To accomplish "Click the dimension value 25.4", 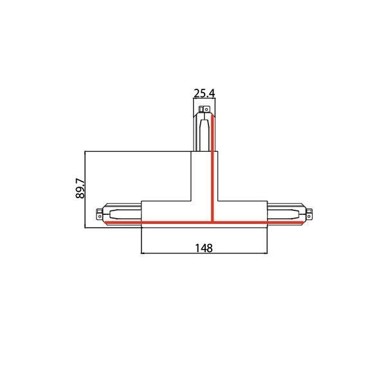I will (204, 93).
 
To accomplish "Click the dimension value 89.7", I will (80, 187).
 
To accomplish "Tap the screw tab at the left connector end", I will (98, 214).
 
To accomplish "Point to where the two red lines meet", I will (212, 222).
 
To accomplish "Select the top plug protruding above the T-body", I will (203, 129).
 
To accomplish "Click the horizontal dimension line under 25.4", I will (204, 99).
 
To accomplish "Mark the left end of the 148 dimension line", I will (141, 254).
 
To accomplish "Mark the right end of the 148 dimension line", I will (267, 254).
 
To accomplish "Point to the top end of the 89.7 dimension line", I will (87, 152).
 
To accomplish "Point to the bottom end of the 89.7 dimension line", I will (87, 226).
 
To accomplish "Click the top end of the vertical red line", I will (212, 116).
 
